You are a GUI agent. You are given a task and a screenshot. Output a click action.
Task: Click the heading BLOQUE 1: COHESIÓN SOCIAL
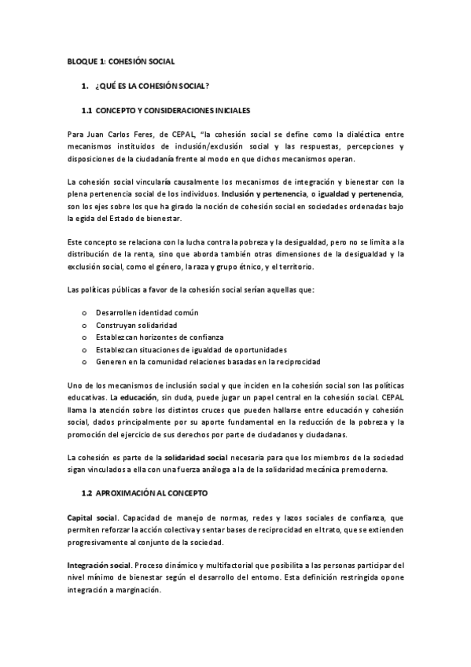pyautogui.click(x=120, y=60)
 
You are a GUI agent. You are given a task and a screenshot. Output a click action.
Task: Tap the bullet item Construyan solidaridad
pyautogui.click(x=136, y=325)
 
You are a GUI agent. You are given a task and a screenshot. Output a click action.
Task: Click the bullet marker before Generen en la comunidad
pyautogui.click(x=84, y=362)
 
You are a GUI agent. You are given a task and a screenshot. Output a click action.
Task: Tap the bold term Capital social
pyautogui.click(x=92, y=518)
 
